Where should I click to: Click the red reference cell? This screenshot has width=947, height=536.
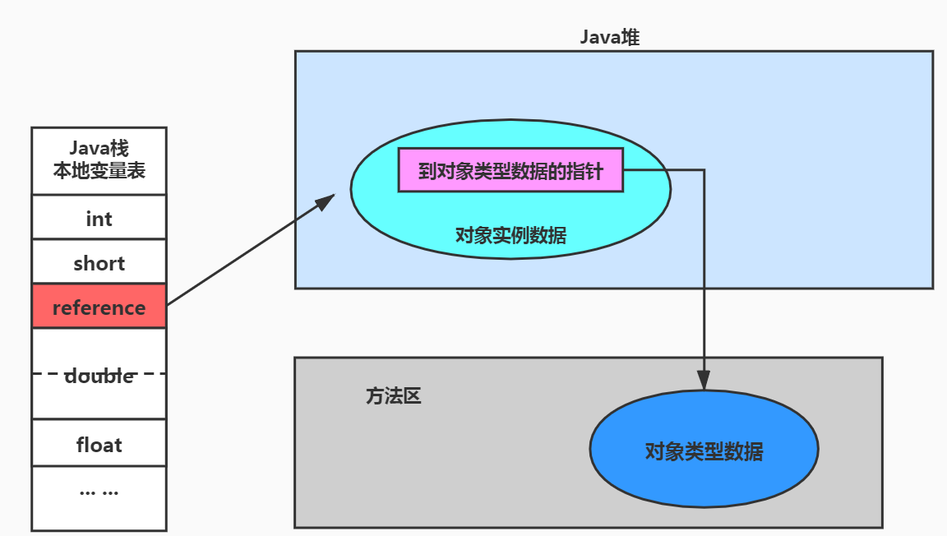point(99,307)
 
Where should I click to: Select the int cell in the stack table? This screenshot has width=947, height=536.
point(99,219)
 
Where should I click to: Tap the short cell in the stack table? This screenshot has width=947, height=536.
point(99,263)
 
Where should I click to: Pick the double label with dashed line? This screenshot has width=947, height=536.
point(99,376)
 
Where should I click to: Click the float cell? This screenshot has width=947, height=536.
point(99,445)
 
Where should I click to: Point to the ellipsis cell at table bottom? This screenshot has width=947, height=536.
point(99,492)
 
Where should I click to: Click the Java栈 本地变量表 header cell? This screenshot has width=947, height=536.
point(99,161)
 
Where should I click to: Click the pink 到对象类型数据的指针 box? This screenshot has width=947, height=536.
point(510,171)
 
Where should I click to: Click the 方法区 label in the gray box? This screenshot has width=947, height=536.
point(393,396)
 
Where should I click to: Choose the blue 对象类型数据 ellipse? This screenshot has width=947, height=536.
point(704,450)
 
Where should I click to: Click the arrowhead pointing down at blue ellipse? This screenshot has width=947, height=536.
point(704,381)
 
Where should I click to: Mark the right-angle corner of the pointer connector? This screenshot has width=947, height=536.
point(704,170)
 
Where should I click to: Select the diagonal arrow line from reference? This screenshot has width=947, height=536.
point(247,252)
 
